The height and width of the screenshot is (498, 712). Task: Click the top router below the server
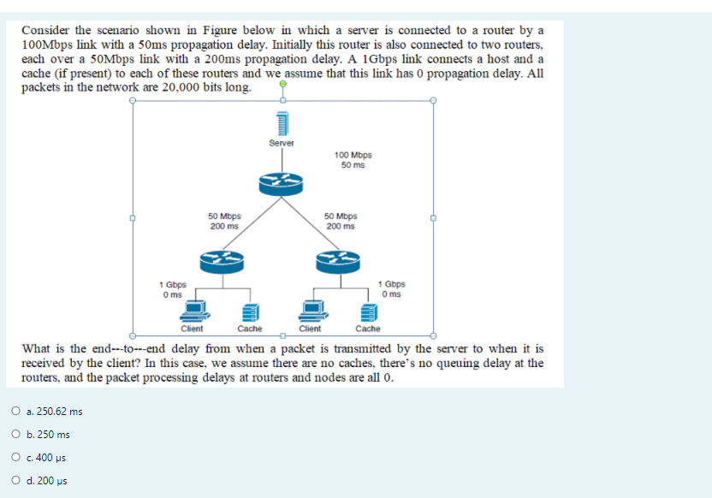(x=282, y=181)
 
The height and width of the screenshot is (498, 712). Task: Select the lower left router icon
(x=222, y=262)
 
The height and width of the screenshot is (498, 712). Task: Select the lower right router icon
(x=340, y=262)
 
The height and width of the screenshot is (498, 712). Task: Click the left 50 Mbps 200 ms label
(x=224, y=221)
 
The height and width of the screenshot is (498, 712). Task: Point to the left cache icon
(x=249, y=311)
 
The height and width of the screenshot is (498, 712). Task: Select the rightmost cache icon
(x=367, y=311)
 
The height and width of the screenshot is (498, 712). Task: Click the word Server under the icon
(x=282, y=143)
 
